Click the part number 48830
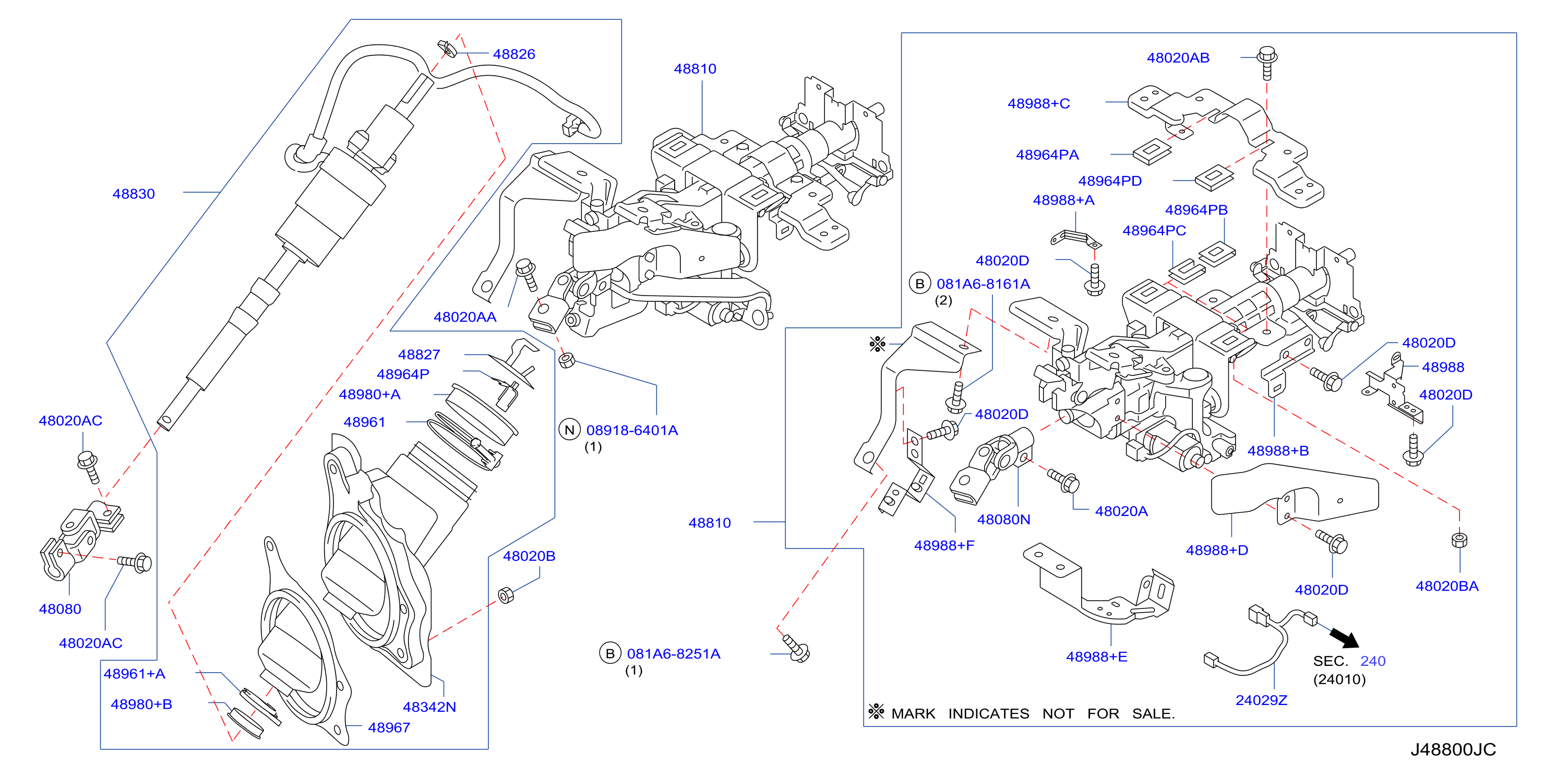point(134,194)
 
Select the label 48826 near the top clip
point(514,54)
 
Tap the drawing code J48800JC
point(1453,749)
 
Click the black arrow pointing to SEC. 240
point(1345,638)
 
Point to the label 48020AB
point(1178,58)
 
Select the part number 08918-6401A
point(632,430)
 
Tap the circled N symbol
point(569,430)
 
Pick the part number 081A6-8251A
point(674,654)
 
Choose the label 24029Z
point(1261,701)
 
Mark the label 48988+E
point(1096,657)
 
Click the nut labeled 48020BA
point(1459,540)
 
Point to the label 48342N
point(429,707)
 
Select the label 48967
point(389,728)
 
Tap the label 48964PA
point(1047,155)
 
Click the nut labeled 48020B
point(506,595)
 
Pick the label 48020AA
point(465,318)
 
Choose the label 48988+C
point(1038,104)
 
